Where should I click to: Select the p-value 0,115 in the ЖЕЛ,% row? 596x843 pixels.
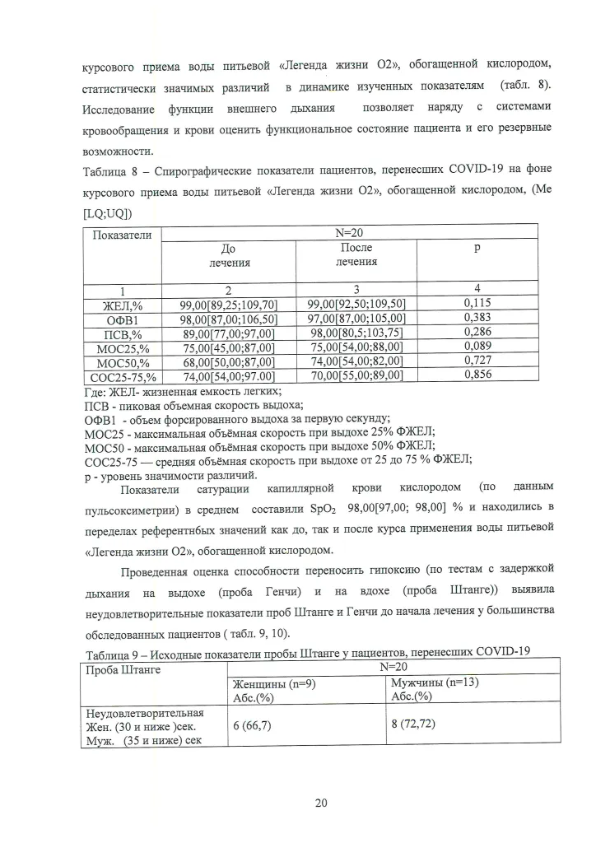click(477, 304)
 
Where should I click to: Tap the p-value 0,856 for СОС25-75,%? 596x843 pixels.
click(477, 374)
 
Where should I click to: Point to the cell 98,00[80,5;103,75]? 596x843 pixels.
click(356, 333)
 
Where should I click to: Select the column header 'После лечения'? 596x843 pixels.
click(356, 254)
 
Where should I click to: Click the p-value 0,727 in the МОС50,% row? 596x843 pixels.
click(477, 361)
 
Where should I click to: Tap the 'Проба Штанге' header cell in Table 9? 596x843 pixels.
click(123, 669)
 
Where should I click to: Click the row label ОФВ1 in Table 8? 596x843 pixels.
click(120, 319)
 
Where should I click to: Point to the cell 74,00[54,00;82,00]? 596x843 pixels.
click(356, 361)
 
